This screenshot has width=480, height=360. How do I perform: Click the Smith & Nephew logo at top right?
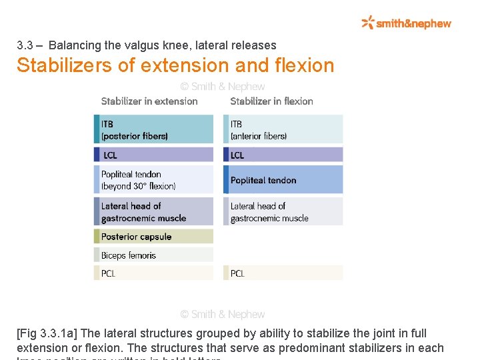(x=406, y=23)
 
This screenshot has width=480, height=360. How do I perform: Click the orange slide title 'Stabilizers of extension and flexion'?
(x=175, y=65)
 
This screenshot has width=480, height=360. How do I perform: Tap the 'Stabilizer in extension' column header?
(x=149, y=101)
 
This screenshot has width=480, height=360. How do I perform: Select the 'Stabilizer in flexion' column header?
(x=271, y=101)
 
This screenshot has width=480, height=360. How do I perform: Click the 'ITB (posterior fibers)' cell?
(x=154, y=129)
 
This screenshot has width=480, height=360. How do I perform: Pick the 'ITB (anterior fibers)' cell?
(x=283, y=129)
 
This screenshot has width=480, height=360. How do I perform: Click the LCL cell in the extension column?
(x=154, y=155)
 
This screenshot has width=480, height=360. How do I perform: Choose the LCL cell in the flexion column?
(x=283, y=155)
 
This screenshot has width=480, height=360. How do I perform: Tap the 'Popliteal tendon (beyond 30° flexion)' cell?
(x=154, y=180)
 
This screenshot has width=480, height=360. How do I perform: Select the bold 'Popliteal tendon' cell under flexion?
(x=283, y=180)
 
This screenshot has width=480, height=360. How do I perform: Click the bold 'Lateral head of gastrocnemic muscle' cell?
(x=154, y=211)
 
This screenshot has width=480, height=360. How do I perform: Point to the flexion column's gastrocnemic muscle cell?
(x=283, y=211)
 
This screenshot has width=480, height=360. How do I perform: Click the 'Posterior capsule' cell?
(x=154, y=237)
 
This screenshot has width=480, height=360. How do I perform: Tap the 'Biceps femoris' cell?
(x=154, y=255)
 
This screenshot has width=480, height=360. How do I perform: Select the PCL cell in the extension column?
(x=154, y=273)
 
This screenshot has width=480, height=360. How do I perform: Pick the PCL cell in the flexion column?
(x=283, y=273)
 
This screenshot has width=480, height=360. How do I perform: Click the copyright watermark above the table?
(x=223, y=87)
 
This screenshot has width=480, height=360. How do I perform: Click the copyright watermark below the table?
(x=223, y=314)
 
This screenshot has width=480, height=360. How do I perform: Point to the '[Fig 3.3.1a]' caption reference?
(x=48, y=333)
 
